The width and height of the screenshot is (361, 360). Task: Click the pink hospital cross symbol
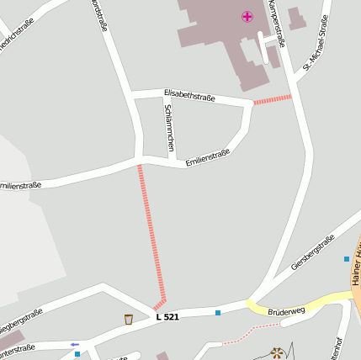(247, 17)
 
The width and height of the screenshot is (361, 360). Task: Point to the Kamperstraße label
(276, 23)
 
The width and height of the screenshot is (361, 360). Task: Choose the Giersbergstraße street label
(313, 252)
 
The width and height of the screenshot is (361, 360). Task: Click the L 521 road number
(167, 317)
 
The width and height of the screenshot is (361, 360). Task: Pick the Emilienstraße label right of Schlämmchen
(207, 158)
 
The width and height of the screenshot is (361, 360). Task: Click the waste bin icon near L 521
(128, 319)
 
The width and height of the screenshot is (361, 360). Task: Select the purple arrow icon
(75, 344)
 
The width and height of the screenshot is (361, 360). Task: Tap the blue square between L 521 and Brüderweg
(217, 313)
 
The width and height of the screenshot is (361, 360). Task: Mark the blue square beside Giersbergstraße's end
(346, 259)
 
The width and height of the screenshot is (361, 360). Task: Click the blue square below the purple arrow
(77, 354)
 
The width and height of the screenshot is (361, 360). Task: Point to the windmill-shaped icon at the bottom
(277, 353)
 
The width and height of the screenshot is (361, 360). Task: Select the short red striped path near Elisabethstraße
(273, 99)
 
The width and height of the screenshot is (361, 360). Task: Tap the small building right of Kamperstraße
(296, 19)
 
